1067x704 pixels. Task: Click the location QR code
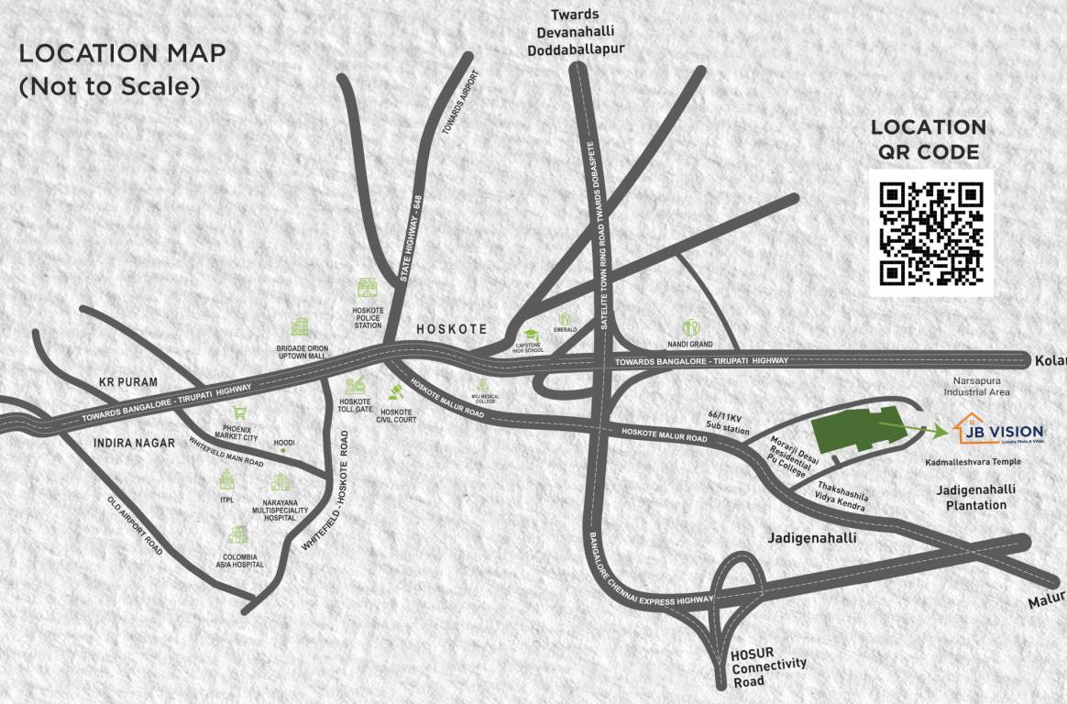[x=930, y=233]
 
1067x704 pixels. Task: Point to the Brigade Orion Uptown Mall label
[x=302, y=353]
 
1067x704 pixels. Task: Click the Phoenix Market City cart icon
[x=239, y=413]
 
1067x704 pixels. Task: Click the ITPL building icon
[x=226, y=478]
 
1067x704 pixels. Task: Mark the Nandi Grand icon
[x=690, y=327]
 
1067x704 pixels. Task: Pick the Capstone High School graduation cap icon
[x=531, y=335]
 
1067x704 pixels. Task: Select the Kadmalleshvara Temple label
[x=973, y=462]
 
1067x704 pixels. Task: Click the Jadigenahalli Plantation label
[x=975, y=497]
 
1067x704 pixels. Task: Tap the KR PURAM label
[x=128, y=381]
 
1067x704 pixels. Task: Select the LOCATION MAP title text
[x=122, y=52]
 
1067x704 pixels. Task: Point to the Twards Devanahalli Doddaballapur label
[x=575, y=32]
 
